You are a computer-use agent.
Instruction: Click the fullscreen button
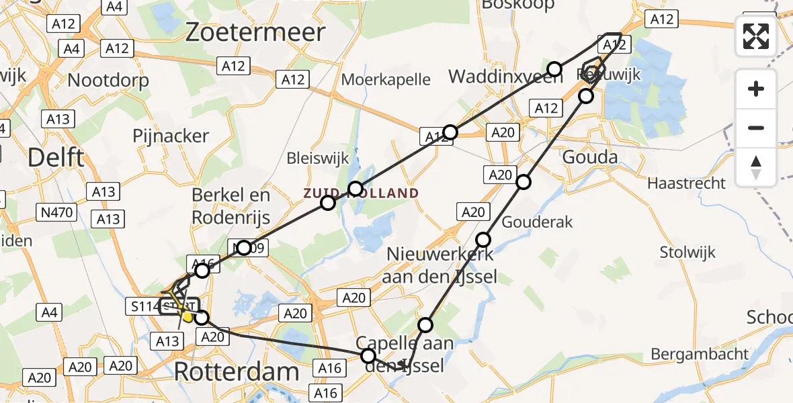(756, 36)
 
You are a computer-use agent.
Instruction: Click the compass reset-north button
(756, 167)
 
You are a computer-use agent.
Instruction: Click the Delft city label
(56, 157)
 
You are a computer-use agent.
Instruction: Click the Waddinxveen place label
(496, 76)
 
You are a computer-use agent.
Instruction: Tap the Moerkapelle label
(386, 79)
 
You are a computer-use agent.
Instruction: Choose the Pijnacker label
(171, 136)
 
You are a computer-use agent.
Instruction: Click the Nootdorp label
(108, 80)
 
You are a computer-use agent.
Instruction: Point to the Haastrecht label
(686, 183)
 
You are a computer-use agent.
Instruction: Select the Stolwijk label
(687, 253)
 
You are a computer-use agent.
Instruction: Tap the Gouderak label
(538, 221)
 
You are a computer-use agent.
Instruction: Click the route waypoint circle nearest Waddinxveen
(554, 69)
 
